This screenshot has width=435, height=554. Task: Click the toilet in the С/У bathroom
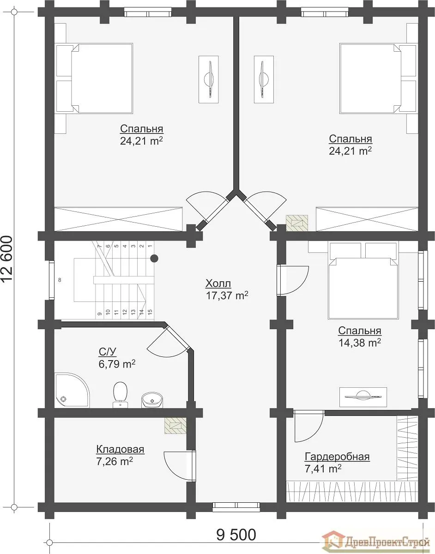[x=120, y=394]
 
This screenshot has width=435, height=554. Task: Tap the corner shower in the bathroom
[x=72, y=390]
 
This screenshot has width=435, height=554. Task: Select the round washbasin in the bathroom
[x=152, y=400]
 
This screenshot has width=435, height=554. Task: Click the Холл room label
[x=218, y=283]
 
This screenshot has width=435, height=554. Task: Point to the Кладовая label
[x=120, y=449]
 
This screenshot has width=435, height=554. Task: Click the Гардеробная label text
[x=337, y=456]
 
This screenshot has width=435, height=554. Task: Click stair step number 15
[x=150, y=311]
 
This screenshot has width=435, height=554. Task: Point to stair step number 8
[x=60, y=280]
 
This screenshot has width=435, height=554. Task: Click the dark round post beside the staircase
[x=154, y=259]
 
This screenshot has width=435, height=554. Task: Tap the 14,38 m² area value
[x=360, y=342]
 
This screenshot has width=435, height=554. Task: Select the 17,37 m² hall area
[x=227, y=295]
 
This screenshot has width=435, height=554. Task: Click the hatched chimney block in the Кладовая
[x=175, y=426]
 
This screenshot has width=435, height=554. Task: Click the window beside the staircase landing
[x=52, y=280]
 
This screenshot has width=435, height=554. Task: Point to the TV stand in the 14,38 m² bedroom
[x=363, y=397]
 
